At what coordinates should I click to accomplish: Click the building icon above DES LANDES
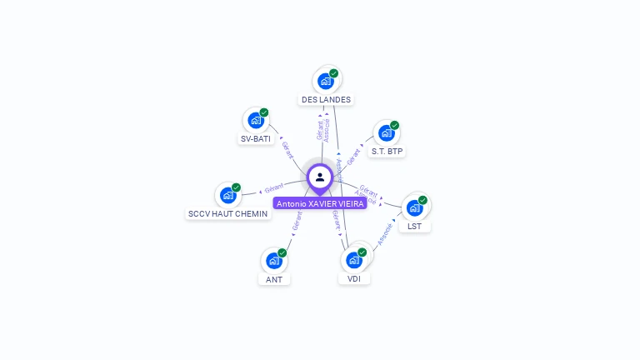pyautogui.click(x=326, y=82)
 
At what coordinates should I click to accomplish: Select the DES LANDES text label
pyautogui.click(x=327, y=100)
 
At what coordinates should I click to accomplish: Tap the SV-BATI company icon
pyautogui.click(x=256, y=121)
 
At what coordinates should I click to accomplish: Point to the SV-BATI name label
pyautogui.click(x=256, y=139)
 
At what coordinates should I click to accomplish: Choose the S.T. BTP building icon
pyautogui.click(x=386, y=133)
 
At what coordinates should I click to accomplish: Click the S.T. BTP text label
pyautogui.click(x=387, y=152)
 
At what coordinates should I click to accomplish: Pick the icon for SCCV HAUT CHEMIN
pyautogui.click(x=227, y=196)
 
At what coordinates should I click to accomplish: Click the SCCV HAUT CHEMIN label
pyautogui.click(x=228, y=214)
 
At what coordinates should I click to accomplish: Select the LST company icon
pyautogui.click(x=414, y=207)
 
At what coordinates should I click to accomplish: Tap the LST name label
pyautogui.click(x=414, y=227)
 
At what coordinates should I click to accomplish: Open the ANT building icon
pyautogui.click(x=274, y=261)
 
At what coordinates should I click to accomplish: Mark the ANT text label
pyautogui.click(x=274, y=280)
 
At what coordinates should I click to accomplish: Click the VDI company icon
pyautogui.click(x=354, y=260)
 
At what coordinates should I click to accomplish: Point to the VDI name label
pyautogui.click(x=354, y=279)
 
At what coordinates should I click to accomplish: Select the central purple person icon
pyautogui.click(x=320, y=177)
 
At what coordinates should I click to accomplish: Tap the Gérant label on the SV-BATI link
pyautogui.click(x=287, y=150)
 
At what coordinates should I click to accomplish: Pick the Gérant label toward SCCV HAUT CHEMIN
pyautogui.click(x=274, y=187)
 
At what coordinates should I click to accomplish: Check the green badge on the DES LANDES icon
pyautogui.click(x=333, y=73)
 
